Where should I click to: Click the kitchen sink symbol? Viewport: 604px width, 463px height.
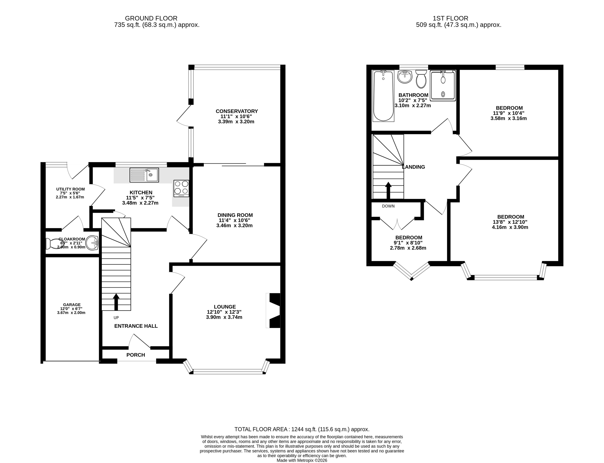click(144, 175)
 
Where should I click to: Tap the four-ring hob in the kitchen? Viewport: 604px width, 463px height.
click(181, 188)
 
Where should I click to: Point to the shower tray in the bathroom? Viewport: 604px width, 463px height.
click(443, 85)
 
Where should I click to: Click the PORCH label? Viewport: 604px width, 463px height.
click(136, 355)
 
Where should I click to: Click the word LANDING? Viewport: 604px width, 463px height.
click(413, 167)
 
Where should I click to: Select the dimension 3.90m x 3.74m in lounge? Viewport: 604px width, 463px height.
click(224, 317)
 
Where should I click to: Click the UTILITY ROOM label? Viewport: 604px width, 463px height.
click(71, 189)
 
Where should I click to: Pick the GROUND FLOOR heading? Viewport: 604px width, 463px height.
click(151, 18)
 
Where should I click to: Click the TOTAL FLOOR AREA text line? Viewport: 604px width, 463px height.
click(302, 429)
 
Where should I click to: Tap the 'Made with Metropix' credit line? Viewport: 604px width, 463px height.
click(302, 460)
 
